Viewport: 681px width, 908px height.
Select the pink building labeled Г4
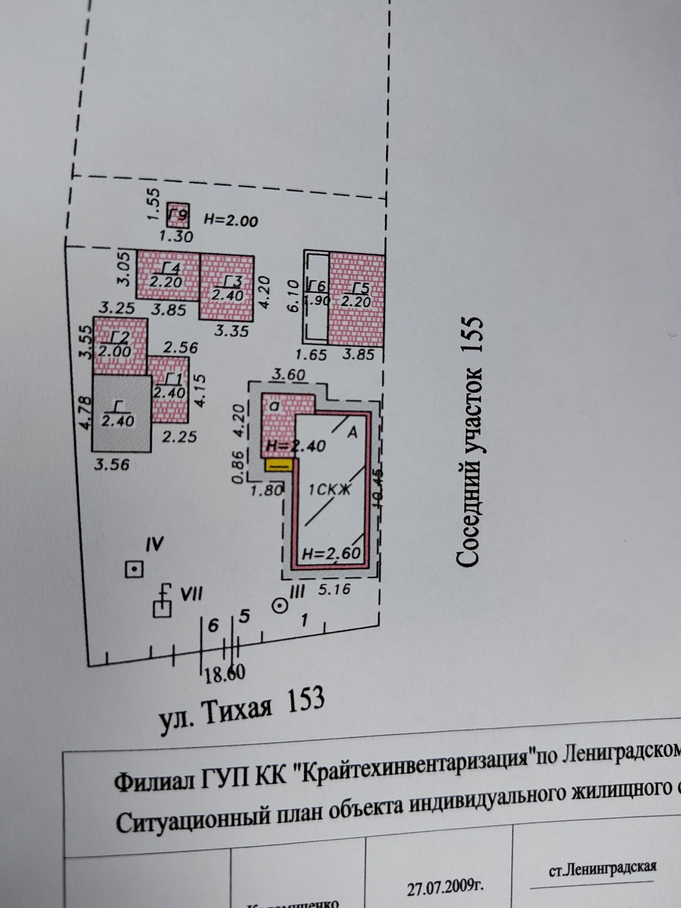[167, 275]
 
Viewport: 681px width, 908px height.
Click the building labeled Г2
[120, 345]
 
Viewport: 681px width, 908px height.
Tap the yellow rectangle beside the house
[278, 464]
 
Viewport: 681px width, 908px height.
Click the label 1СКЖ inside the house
[329, 490]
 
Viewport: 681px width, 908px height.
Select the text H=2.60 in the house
[331, 554]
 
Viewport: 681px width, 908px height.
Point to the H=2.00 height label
[231, 220]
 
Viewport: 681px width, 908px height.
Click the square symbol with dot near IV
[134, 569]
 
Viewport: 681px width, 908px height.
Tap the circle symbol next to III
[280, 606]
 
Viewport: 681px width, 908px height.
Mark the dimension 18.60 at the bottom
[225, 673]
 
